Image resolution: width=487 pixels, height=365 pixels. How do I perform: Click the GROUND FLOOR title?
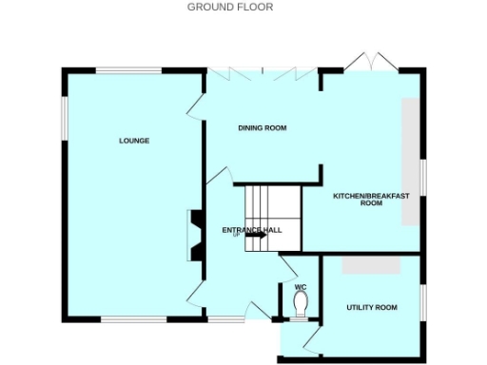point(229,7)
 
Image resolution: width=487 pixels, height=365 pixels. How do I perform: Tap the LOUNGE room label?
point(134,141)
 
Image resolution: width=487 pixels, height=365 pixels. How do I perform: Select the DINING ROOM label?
point(262,127)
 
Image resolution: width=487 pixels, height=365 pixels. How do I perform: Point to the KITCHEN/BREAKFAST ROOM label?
point(371,200)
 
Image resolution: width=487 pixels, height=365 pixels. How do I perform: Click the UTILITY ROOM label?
point(371,308)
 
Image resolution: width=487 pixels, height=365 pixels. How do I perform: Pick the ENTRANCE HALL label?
point(252,230)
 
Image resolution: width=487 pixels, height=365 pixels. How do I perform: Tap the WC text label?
point(301,287)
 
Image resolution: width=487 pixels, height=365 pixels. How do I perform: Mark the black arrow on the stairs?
point(254,236)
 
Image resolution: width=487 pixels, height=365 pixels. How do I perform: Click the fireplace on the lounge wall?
point(194,234)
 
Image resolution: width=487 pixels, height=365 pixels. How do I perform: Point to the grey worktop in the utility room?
point(371,266)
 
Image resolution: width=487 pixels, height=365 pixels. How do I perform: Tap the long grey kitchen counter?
point(411,162)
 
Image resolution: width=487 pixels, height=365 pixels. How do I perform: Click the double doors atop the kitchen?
point(367,62)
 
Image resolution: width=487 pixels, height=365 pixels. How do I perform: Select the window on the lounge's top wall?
point(127,69)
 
